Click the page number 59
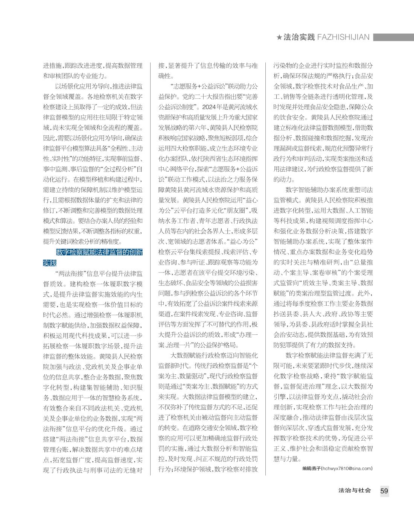[x=384, y=491]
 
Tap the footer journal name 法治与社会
[x=355, y=491]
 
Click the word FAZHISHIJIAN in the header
[x=343, y=37]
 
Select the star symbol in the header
[x=279, y=37]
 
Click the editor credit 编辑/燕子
[x=311, y=469]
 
